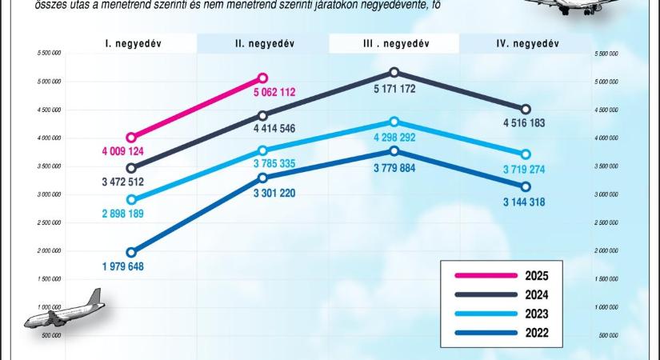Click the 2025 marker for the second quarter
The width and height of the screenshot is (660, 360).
(262, 78)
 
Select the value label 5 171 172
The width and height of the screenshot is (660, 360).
(394, 89)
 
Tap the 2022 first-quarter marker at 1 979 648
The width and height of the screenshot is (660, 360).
(131, 252)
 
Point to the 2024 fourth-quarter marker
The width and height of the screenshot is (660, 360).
(526, 109)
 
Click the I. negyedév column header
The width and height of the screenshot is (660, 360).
(132, 43)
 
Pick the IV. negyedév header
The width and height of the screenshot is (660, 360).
(526, 43)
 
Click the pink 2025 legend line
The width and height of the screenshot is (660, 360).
(485, 276)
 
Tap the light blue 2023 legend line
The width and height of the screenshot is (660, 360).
(485, 314)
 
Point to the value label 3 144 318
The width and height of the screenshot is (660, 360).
(526, 202)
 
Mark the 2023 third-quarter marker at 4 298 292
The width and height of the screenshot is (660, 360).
(394, 122)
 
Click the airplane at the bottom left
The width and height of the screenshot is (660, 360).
(65, 310)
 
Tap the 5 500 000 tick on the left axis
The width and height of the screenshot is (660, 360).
(49, 54)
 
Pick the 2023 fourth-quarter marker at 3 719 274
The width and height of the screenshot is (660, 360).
(526, 154)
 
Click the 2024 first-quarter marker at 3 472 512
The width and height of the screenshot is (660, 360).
(131, 168)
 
